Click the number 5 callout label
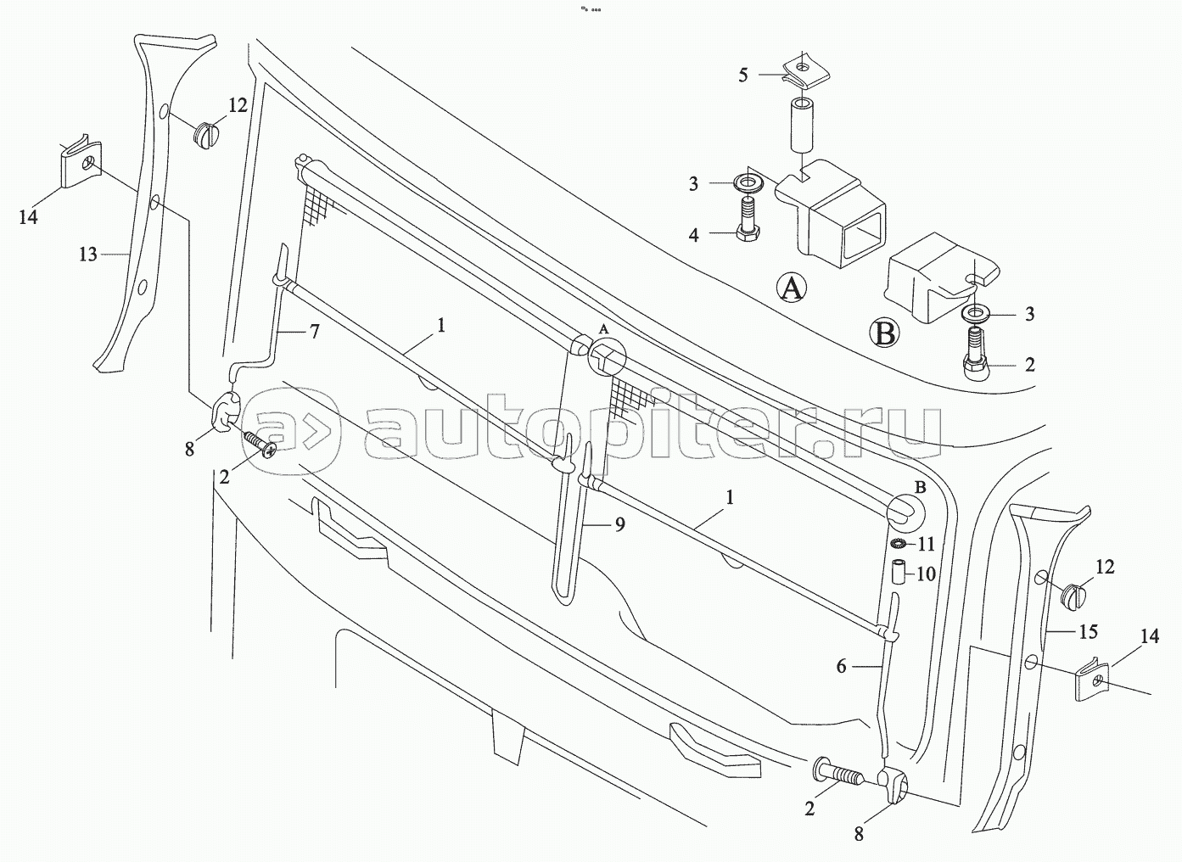pyautogui.click(x=743, y=76)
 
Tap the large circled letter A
pyautogui.click(x=791, y=288)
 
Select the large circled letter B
pyautogui.click(x=885, y=333)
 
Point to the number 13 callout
pyautogui.click(x=88, y=254)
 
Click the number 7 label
pyautogui.click(x=314, y=331)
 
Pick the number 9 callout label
pyautogui.click(x=620, y=525)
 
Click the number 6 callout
pyautogui.click(x=841, y=667)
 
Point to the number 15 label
pyautogui.click(x=1088, y=631)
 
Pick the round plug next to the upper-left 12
pyautogui.click(x=206, y=133)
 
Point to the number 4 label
pyautogui.click(x=693, y=235)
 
